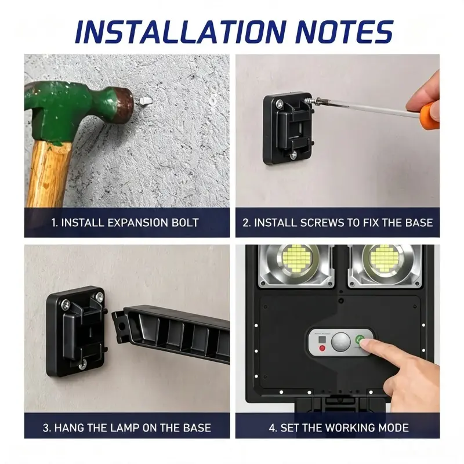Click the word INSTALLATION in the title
pos(180,32)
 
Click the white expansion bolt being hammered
pos(146,100)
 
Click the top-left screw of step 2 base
pos(279,104)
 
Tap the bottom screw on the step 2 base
pos(293,154)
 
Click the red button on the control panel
pos(322,347)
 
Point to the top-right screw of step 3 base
pos(99,296)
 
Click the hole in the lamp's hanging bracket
pos(121,326)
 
